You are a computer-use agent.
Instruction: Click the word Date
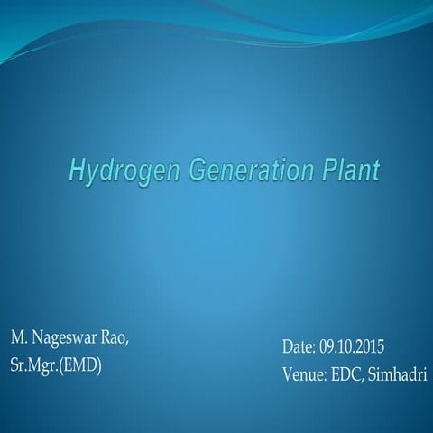[x=298, y=347]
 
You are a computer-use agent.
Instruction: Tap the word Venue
[x=302, y=373]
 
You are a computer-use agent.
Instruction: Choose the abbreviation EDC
[x=347, y=373]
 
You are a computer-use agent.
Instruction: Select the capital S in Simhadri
[x=374, y=373]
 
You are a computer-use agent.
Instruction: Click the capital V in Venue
[x=286, y=373]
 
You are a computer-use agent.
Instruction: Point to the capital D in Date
[x=287, y=347]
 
